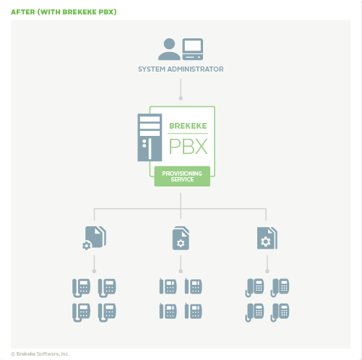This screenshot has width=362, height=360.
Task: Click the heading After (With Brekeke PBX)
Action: click(x=64, y=12)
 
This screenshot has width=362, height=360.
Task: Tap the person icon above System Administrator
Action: click(x=169, y=49)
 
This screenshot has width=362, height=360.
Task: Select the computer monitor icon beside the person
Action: click(x=193, y=48)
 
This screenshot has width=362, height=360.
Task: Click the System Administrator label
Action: click(x=181, y=69)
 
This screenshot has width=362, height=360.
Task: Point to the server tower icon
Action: click(x=150, y=137)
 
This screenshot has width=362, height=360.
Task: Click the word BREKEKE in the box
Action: click(x=188, y=126)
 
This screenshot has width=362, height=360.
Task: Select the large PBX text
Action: click(x=188, y=147)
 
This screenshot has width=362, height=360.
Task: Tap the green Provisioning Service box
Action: click(x=182, y=176)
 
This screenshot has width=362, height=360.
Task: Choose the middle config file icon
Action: click(x=181, y=238)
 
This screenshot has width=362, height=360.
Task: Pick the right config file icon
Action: click(x=267, y=238)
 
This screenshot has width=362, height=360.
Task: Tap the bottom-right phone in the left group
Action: click(x=107, y=312)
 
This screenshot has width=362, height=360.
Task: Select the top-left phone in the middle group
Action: click(x=168, y=287)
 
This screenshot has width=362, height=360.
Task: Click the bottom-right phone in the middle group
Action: click(x=194, y=311)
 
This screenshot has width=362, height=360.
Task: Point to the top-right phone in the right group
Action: click(x=280, y=287)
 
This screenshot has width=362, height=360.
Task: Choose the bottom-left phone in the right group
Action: click(x=254, y=312)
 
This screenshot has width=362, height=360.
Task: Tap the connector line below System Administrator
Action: click(x=181, y=87)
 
